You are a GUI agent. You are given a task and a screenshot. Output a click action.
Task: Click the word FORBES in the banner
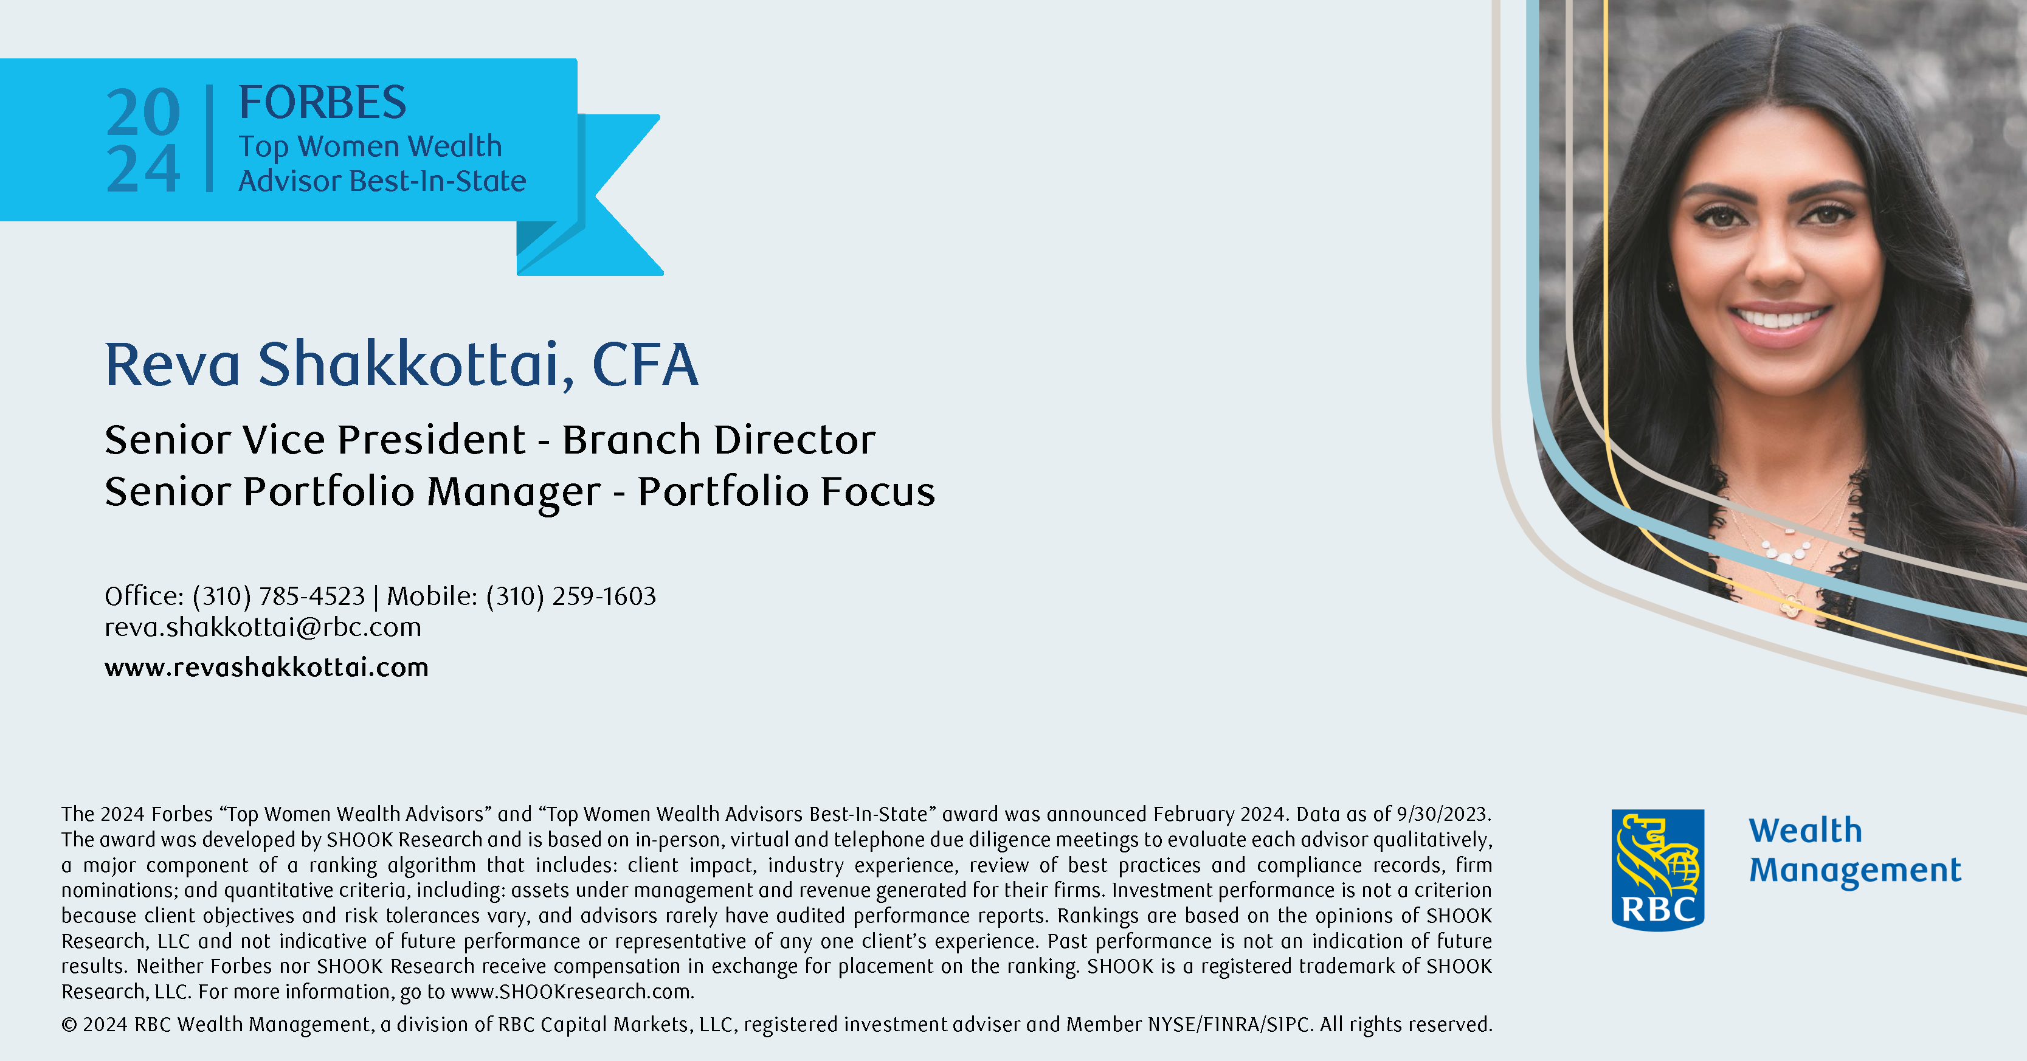pos(323,102)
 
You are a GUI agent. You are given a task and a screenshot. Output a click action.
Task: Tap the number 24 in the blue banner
pos(143,168)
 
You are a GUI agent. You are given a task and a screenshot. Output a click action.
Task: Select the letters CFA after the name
pos(644,364)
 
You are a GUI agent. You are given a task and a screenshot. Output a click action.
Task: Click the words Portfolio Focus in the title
pos(786,491)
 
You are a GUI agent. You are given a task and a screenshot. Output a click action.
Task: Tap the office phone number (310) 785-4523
pos(278,596)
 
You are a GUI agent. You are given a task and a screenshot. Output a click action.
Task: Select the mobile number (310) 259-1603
pos(571,596)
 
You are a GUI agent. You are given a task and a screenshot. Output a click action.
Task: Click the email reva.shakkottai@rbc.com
pos(263,627)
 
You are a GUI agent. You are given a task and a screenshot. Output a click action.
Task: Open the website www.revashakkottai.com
pos(267,668)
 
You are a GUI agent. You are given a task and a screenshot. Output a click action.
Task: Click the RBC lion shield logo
pos(1658,869)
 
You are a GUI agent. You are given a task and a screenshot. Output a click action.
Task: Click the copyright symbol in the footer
pos(69,1025)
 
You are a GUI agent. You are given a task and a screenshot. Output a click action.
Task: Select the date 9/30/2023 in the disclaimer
pos(1443,814)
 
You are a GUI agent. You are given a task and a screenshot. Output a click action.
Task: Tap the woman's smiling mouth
pos(1778,321)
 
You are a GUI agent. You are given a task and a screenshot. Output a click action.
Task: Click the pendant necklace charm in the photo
pos(1792,605)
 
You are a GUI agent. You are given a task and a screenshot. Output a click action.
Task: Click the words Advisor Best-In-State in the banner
pos(382,181)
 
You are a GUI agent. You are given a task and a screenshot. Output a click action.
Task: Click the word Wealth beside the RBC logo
pos(1805,831)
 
